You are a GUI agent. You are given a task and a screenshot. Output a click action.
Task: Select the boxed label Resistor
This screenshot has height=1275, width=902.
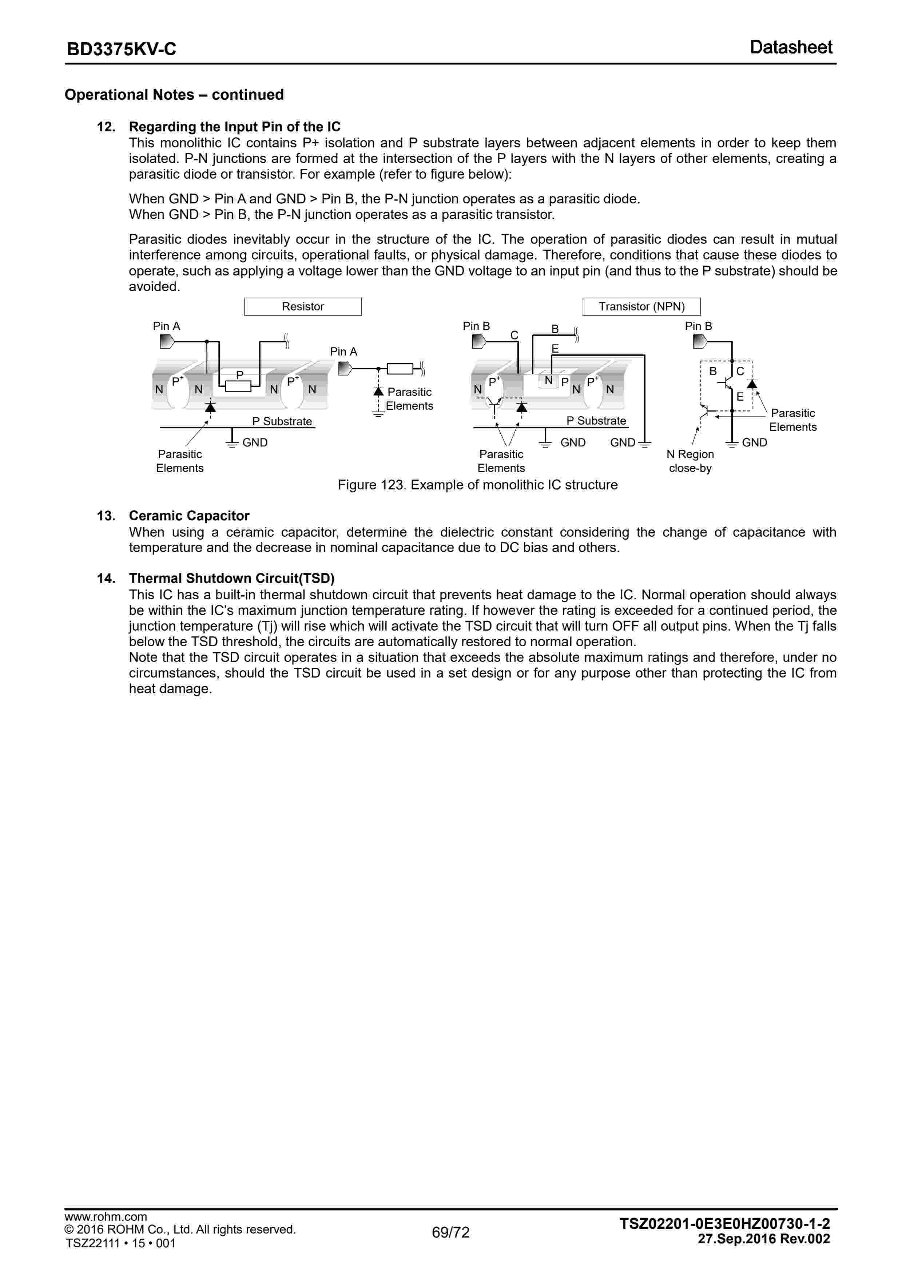point(303,306)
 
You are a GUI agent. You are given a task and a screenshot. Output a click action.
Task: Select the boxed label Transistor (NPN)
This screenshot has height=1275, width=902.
point(641,306)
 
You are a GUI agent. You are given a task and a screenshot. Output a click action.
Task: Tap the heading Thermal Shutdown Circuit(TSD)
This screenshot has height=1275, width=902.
point(232,578)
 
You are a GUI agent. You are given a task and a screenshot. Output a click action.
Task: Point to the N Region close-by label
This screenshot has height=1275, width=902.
point(690,461)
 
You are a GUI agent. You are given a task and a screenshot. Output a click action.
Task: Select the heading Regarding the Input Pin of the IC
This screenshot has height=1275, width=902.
point(234,127)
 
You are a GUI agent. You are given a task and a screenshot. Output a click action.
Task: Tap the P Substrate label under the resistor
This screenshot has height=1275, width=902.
point(282,421)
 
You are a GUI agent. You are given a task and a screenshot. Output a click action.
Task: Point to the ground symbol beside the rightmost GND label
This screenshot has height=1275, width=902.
point(732,442)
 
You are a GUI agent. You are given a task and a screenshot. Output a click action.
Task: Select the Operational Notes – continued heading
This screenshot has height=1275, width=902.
point(174,95)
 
